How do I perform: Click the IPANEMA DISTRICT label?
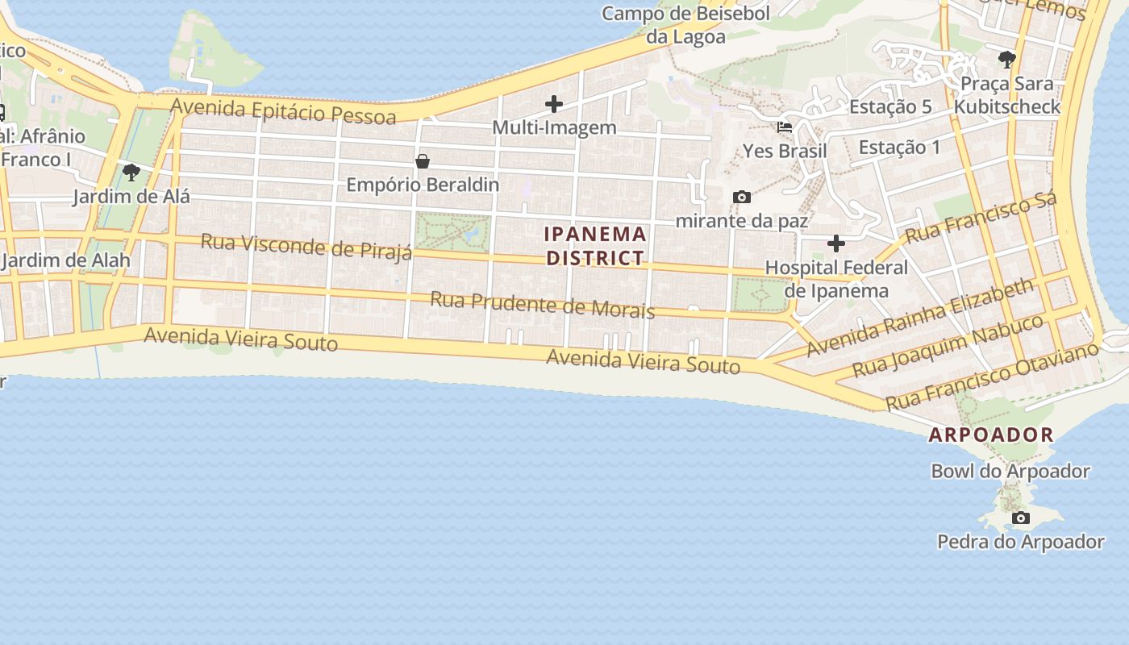[596, 246]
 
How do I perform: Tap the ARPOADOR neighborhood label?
[991, 435]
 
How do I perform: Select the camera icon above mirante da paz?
[742, 197]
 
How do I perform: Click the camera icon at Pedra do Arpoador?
[1021, 518]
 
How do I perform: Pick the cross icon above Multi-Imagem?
[554, 104]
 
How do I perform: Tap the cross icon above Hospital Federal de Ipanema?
[836, 243]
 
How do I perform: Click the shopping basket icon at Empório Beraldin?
[423, 161]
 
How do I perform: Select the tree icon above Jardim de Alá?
[131, 172]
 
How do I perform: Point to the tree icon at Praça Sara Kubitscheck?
[1006, 59]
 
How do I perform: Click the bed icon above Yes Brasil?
[785, 127]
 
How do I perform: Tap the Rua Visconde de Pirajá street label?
[306, 247]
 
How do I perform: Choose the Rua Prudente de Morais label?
[542, 305]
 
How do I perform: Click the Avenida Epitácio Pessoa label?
[283, 111]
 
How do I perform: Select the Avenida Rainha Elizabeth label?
[919, 318]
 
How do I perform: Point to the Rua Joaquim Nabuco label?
[948, 346]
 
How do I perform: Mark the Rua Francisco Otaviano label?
[992, 376]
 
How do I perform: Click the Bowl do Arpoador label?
[1010, 471]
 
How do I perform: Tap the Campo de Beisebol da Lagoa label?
[686, 25]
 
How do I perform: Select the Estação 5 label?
[890, 106]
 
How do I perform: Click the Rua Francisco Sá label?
[980, 218]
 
